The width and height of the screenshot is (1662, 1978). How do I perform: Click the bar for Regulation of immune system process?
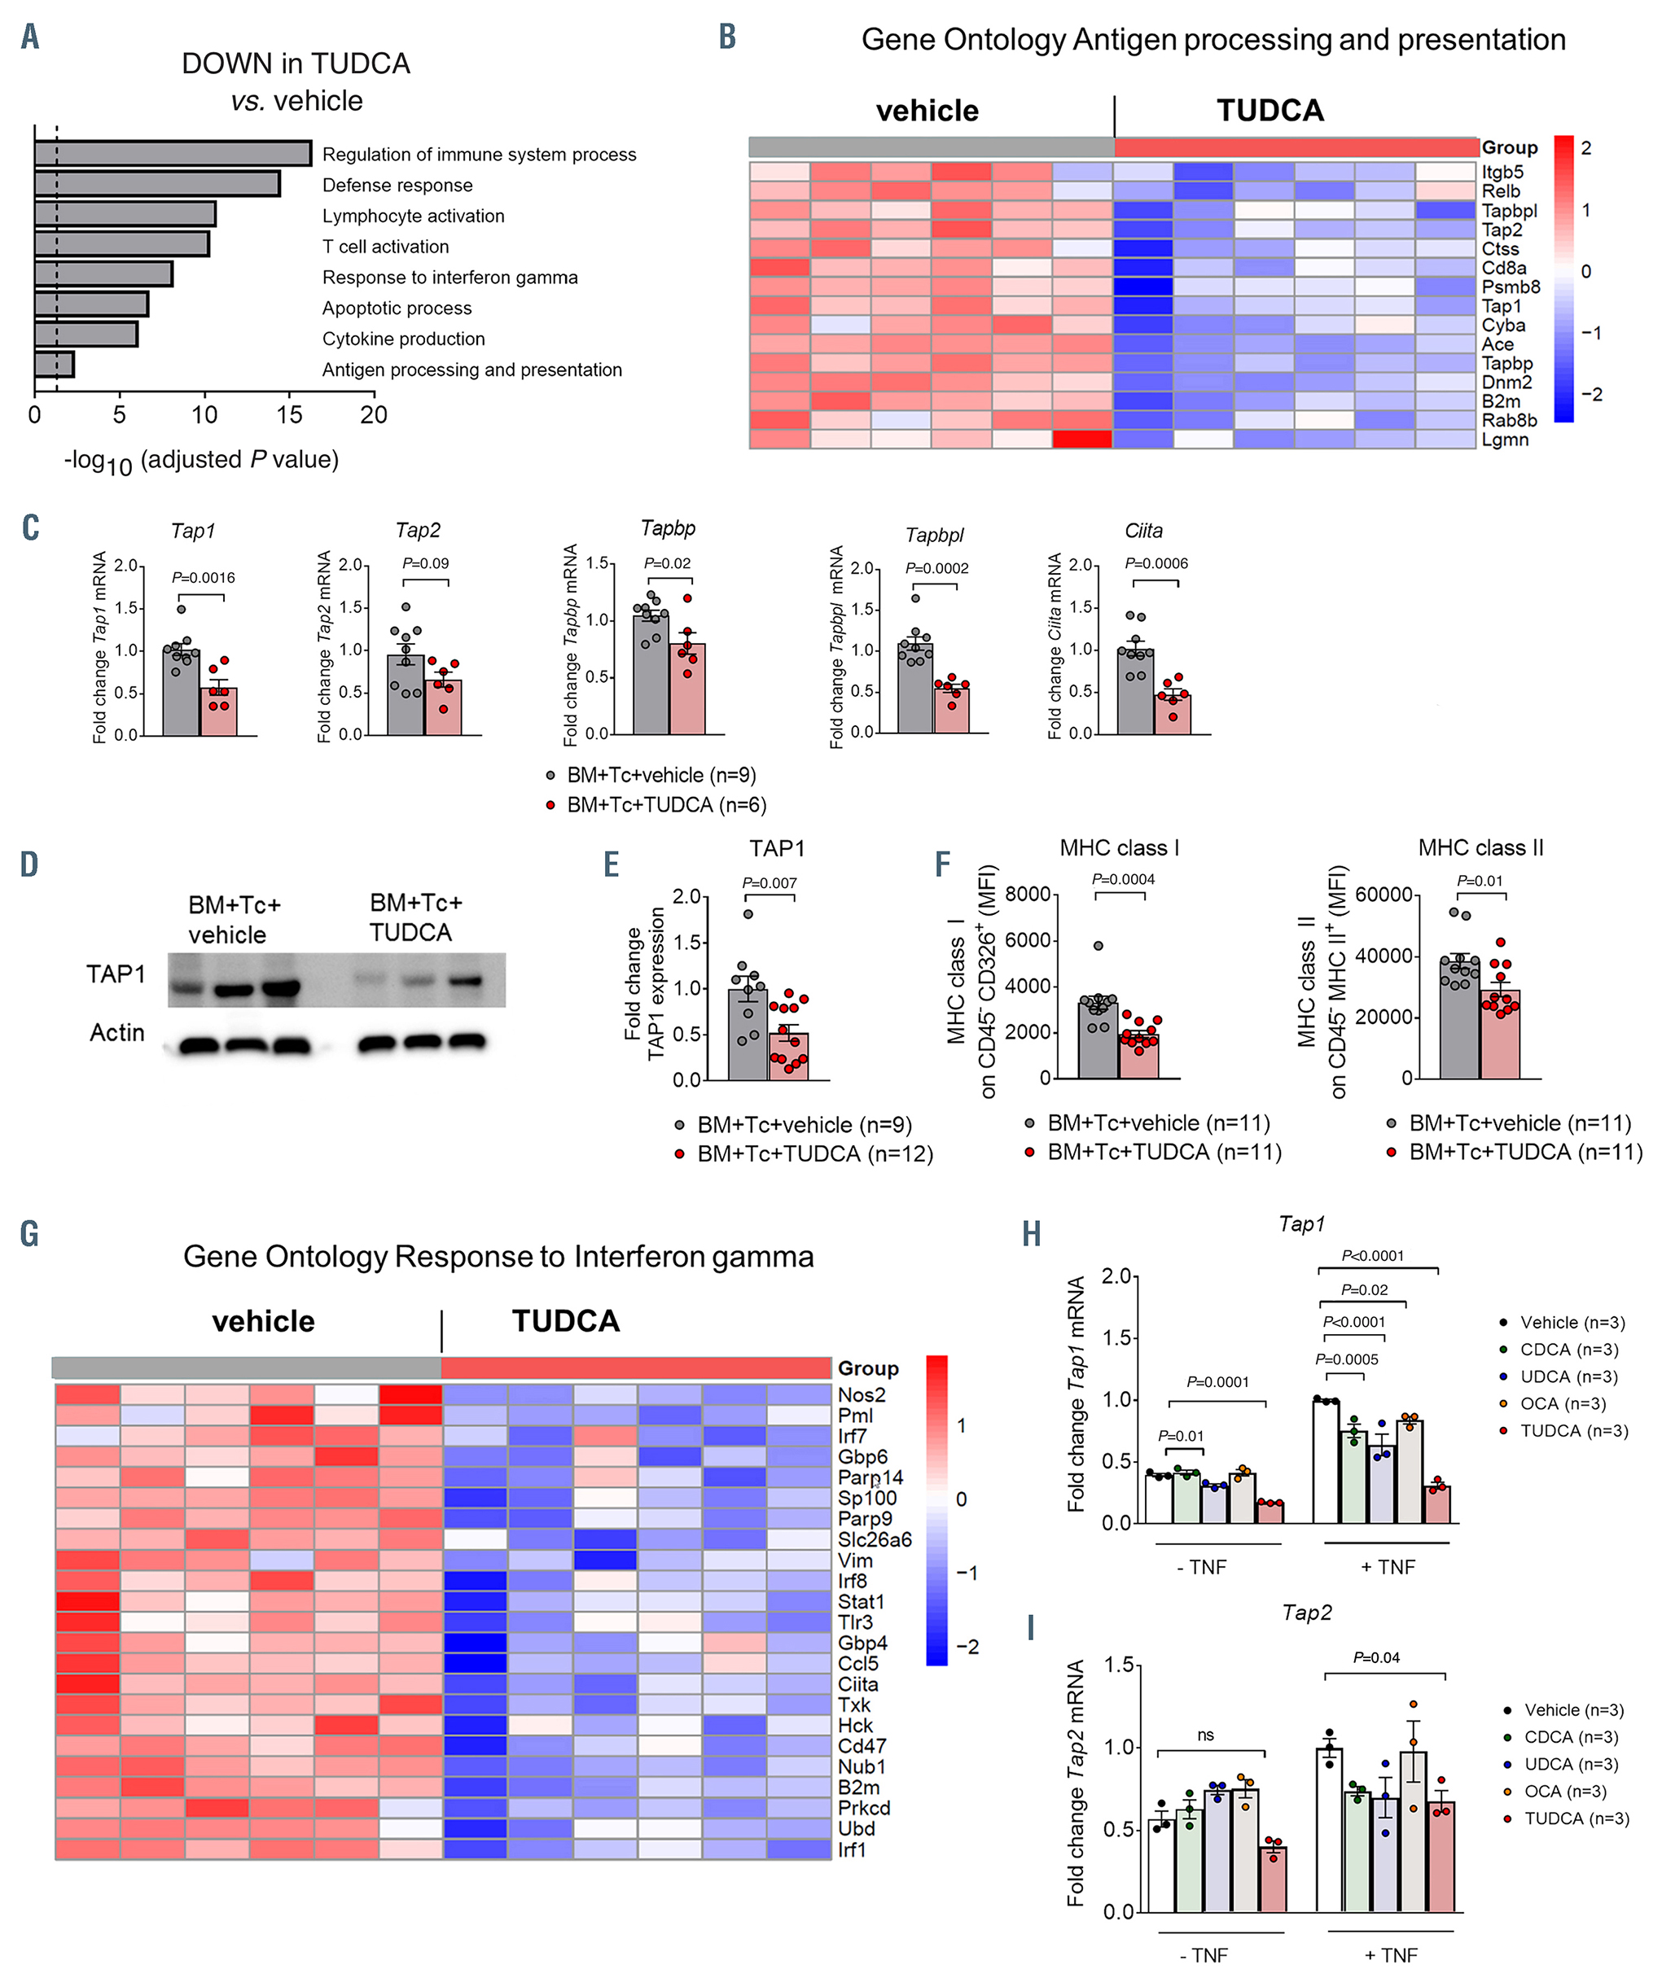(173, 154)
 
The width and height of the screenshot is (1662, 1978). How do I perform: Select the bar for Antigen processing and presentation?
(54, 365)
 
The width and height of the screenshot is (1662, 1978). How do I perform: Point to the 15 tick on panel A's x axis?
(289, 415)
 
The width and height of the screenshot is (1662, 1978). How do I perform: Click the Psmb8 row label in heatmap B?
(1511, 287)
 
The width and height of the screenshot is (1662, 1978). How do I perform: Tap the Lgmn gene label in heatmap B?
(1505, 440)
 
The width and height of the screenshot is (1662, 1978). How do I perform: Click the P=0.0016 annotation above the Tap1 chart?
(203, 578)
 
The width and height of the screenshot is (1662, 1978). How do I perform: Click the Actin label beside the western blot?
(116, 1033)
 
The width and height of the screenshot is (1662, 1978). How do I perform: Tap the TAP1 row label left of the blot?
(115, 974)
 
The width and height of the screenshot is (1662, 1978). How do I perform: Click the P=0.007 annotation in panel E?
(769, 883)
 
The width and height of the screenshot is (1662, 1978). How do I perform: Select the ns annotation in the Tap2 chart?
(1205, 1735)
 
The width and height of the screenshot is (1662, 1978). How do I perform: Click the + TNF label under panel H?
(1387, 1567)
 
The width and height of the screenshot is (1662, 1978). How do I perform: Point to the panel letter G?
(29, 1234)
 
